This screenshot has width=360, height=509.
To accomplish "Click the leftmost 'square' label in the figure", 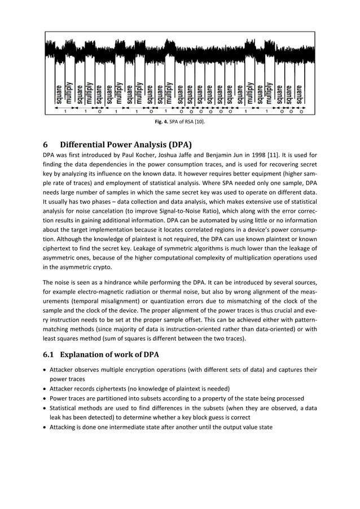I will (59, 94).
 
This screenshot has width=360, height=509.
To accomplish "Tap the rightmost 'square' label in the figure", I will (300, 94).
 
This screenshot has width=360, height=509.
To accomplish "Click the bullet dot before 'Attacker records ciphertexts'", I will (46, 388).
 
